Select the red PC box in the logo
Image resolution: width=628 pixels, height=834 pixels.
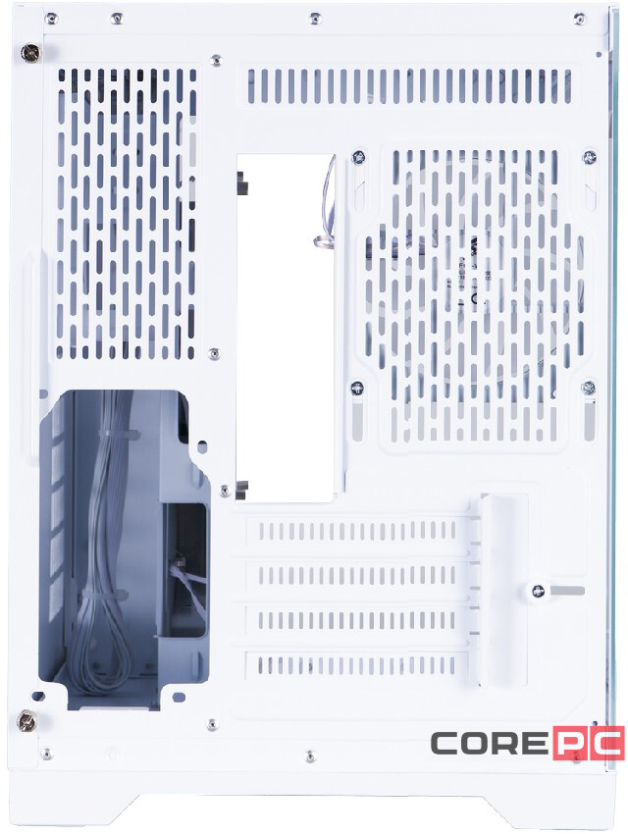tap(586, 744)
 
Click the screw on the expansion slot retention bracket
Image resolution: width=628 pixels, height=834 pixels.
tap(537, 591)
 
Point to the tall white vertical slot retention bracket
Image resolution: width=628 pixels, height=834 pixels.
tap(499, 589)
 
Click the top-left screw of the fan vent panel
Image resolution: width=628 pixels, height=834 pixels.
tap(359, 157)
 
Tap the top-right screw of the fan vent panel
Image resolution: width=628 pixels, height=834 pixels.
tap(590, 157)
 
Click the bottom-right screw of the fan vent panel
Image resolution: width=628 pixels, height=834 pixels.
tap(589, 388)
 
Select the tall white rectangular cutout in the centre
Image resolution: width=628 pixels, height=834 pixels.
tap(286, 329)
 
